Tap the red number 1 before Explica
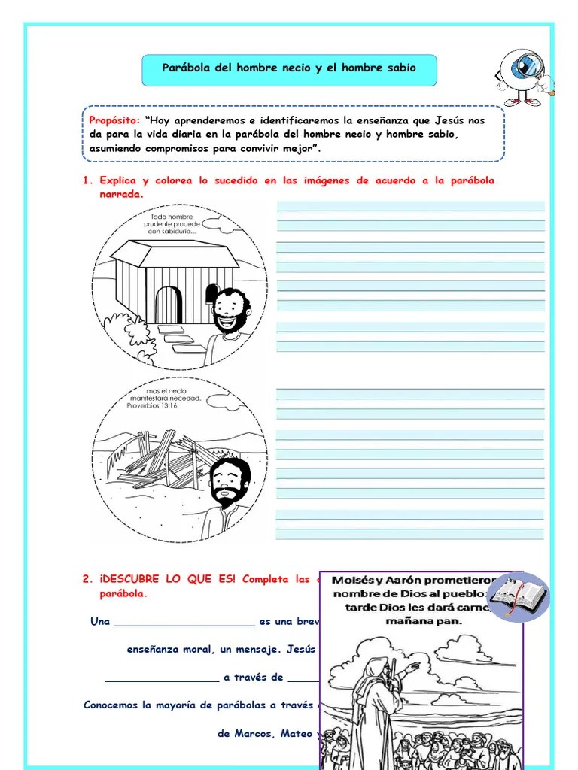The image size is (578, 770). click(86, 181)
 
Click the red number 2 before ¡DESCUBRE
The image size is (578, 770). click(86, 579)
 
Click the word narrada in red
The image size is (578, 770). click(121, 195)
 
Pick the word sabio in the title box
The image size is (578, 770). click(400, 68)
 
